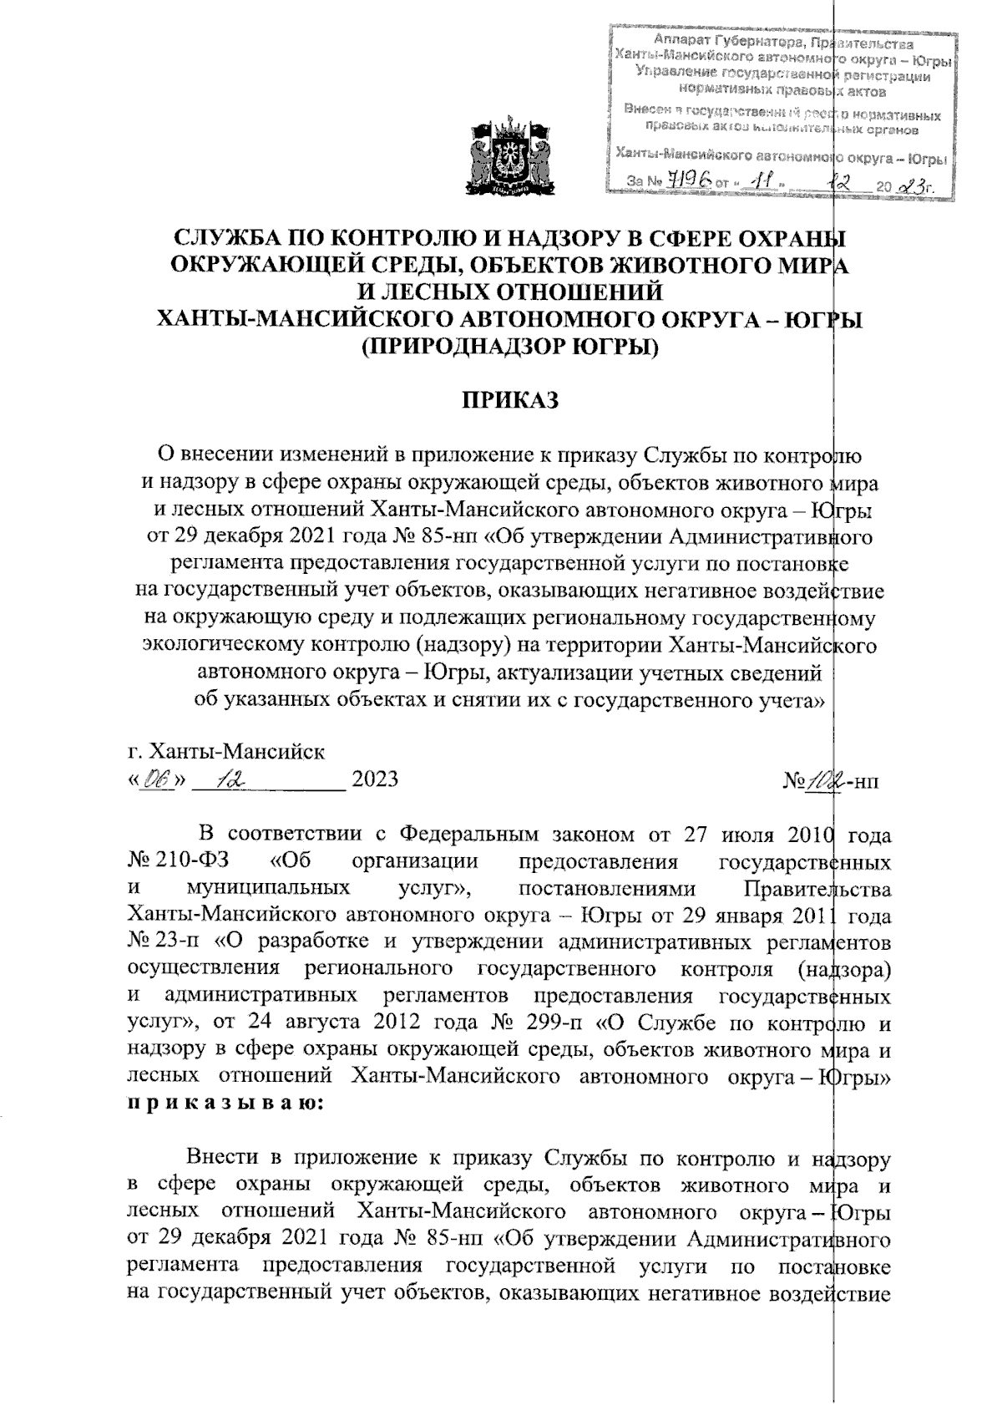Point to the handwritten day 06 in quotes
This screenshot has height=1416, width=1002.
point(156,780)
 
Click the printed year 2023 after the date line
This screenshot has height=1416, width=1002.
point(375,780)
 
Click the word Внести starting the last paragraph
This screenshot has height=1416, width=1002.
point(223,1158)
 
